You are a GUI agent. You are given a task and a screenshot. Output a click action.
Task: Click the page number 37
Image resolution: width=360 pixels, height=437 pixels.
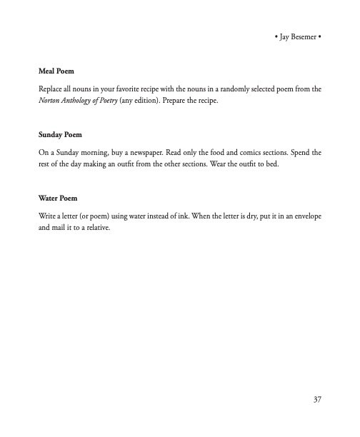pos(316,398)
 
